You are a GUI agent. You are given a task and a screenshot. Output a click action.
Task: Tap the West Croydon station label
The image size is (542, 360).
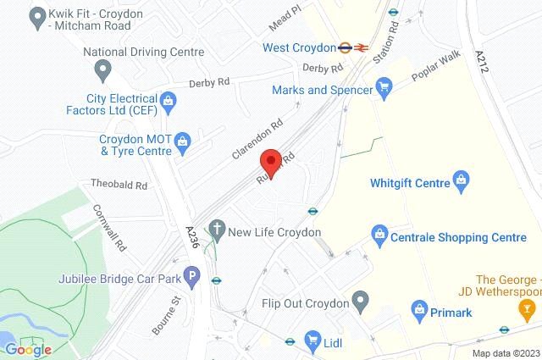(301, 47)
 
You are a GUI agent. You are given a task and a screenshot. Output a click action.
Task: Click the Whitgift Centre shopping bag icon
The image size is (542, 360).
(462, 180)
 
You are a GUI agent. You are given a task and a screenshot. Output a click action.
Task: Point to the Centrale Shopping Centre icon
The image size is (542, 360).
(379, 233)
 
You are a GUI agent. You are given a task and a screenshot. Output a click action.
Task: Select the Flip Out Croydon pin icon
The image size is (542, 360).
(362, 298)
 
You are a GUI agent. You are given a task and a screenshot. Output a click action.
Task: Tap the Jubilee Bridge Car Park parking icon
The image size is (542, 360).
(194, 275)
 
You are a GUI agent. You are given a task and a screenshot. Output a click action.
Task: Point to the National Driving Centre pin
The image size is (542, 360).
(102, 69)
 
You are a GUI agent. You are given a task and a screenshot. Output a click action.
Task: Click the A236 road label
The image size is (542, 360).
(194, 235)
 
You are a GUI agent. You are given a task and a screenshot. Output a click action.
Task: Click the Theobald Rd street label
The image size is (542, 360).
(120, 184)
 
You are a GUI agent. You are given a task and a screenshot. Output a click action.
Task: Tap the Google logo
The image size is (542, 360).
(27, 349)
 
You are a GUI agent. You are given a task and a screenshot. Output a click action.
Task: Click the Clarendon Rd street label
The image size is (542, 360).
(257, 140)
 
